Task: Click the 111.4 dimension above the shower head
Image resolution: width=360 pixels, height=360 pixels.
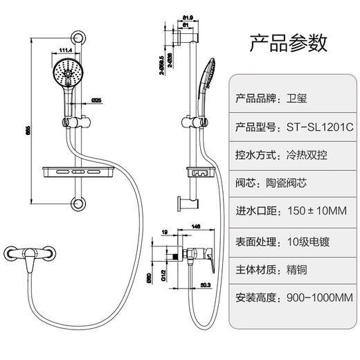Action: pos(66,51)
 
